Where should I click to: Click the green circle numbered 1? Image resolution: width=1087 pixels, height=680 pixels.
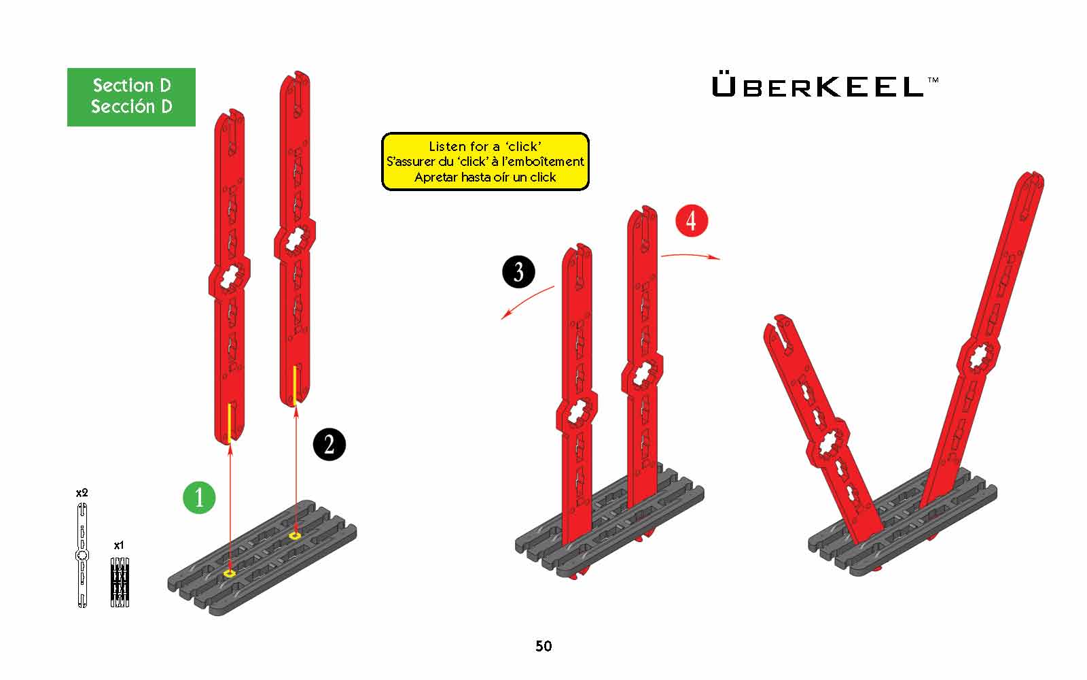199,497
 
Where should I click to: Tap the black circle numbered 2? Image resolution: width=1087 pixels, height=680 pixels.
329,444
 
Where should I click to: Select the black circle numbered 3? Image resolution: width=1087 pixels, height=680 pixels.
518,272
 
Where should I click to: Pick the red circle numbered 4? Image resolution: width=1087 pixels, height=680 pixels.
692,220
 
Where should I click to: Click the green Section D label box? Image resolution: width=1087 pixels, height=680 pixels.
131,97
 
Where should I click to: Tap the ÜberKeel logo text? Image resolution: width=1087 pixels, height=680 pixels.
818,86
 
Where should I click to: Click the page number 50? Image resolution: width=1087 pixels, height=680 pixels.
543,646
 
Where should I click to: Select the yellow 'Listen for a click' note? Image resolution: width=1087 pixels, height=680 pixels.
485,161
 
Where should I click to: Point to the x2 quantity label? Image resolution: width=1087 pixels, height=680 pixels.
82,492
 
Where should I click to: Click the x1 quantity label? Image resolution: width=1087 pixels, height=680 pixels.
119,545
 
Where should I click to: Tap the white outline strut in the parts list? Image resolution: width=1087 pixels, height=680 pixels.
82,555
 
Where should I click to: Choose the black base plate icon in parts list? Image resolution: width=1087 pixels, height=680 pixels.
120,582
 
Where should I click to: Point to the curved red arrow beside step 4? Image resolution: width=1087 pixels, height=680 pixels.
690,254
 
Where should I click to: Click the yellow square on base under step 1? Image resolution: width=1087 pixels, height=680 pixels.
230,573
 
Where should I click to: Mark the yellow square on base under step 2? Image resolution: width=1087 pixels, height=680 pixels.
295,535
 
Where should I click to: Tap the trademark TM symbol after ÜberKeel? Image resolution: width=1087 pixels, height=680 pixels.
933,80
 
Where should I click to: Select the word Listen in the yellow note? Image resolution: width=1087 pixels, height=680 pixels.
445,146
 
